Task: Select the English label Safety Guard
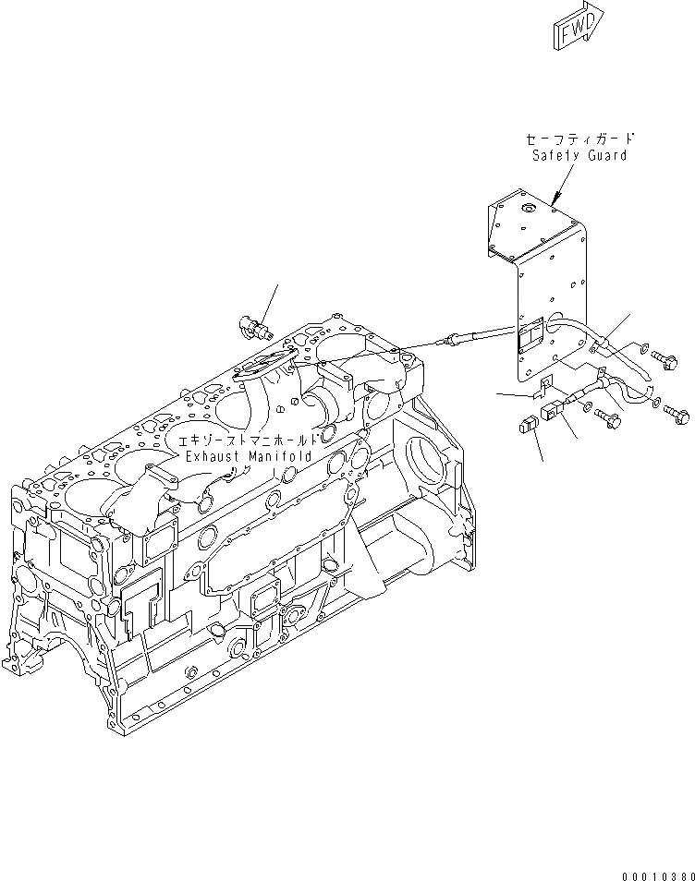click(x=579, y=155)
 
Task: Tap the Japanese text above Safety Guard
click(x=579, y=139)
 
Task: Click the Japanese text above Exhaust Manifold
click(x=248, y=440)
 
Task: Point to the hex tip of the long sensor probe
click(x=449, y=344)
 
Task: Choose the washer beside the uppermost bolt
click(x=640, y=349)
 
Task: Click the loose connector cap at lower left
click(x=528, y=427)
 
